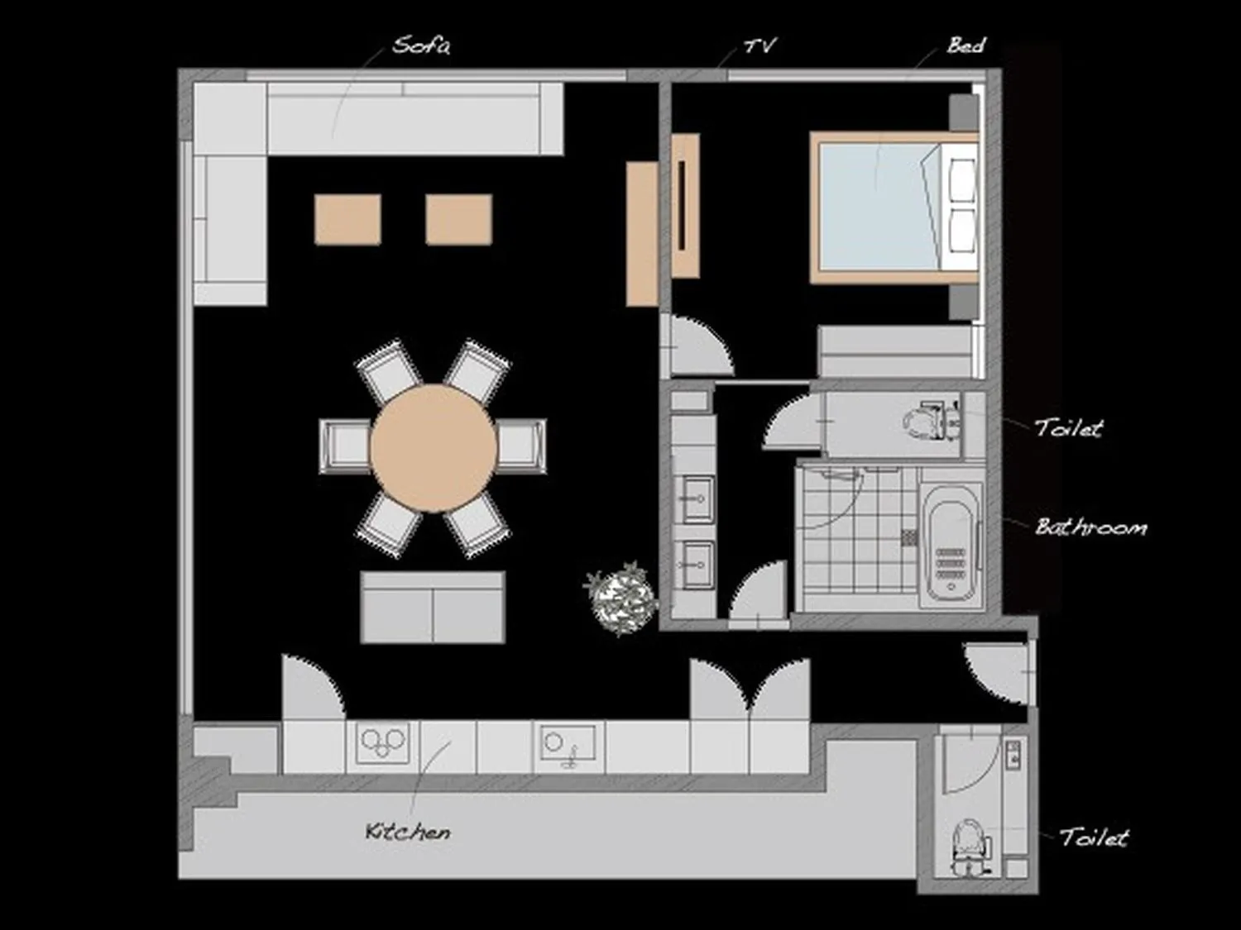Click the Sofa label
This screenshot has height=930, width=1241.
(421, 45)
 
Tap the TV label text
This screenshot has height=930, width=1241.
(759, 45)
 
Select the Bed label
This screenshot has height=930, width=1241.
(965, 45)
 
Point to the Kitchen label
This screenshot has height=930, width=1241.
(408, 831)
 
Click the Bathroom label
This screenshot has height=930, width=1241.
(1091, 527)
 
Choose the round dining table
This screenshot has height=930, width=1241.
(433, 447)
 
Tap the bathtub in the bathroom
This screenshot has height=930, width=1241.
(951, 541)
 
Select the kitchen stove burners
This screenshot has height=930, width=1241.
(382, 742)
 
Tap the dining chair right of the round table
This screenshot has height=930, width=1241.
(521, 446)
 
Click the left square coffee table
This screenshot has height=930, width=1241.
(347, 220)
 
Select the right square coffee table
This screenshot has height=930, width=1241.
(459, 220)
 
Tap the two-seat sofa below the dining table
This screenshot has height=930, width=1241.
(433, 608)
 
